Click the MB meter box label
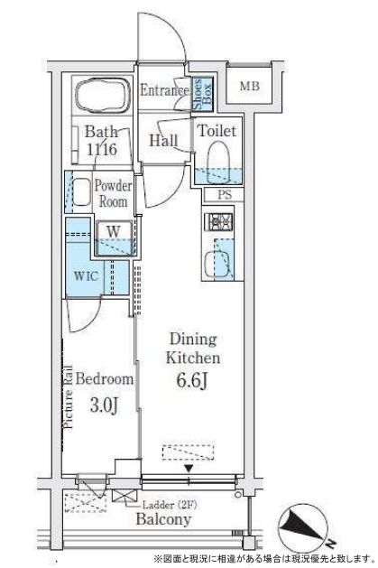[250, 87]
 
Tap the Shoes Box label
[202, 93]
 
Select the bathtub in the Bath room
[103, 93]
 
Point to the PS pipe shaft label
[225, 194]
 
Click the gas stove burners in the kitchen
[218, 222]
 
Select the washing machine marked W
[114, 237]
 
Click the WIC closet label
[86, 276]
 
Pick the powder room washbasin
[81, 191]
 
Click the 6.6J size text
[192, 380]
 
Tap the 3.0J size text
[104, 405]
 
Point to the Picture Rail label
[69, 396]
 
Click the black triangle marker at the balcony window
[189, 469]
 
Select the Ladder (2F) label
[170, 505]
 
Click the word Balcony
[163, 519]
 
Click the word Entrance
[164, 90]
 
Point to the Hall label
[163, 141]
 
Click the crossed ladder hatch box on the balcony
[124, 495]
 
